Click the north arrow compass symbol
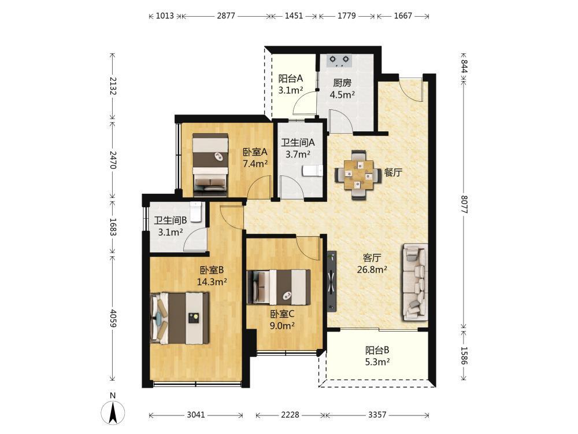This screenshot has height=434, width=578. click(x=113, y=412)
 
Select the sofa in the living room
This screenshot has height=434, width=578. click(x=416, y=282)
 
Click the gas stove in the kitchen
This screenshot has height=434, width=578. click(x=339, y=61)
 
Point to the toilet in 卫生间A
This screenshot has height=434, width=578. click(x=313, y=171)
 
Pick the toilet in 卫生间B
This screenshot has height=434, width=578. click(x=195, y=211)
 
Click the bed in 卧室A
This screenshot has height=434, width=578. click(x=210, y=164)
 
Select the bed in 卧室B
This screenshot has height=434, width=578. click(x=180, y=318)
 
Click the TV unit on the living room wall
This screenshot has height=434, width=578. click(x=332, y=281)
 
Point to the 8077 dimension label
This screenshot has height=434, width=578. click(x=464, y=204)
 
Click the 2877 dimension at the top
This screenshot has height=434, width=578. click(x=226, y=16)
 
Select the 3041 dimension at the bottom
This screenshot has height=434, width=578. click(x=196, y=415)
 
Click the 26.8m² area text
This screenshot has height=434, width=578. click(x=372, y=270)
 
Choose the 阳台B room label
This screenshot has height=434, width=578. click(x=377, y=350)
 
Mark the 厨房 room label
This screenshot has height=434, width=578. click(x=342, y=83)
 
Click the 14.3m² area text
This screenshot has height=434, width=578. click(x=212, y=282)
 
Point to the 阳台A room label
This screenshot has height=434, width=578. click(x=291, y=78)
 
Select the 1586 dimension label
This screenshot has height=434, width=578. click(x=464, y=355)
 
